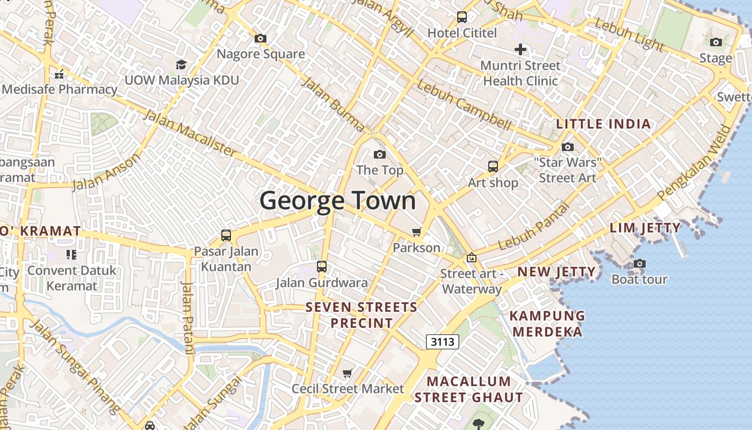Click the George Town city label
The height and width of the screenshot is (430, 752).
338,201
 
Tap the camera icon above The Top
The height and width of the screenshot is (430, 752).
380,155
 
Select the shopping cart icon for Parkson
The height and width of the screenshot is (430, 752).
416,232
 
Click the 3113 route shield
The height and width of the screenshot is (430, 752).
443,341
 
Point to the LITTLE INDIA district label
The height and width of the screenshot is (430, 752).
603,124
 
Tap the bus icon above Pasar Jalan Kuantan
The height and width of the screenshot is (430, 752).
226,235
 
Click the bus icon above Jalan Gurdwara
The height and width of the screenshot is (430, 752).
322,267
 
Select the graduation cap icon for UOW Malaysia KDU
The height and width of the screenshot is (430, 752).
182,65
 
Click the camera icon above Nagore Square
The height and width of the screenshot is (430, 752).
261,39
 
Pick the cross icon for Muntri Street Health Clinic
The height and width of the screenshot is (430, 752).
520,50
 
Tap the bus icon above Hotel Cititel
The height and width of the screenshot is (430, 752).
462,17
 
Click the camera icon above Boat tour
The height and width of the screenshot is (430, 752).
639,263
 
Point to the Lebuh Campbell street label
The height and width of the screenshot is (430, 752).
464,106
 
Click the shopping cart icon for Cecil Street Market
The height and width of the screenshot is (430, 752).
348,373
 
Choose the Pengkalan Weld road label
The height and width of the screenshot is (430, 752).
695,162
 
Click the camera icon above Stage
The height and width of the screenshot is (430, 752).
715,42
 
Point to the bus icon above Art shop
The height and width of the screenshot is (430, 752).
493,167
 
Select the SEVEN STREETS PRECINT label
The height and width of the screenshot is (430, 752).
361,315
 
